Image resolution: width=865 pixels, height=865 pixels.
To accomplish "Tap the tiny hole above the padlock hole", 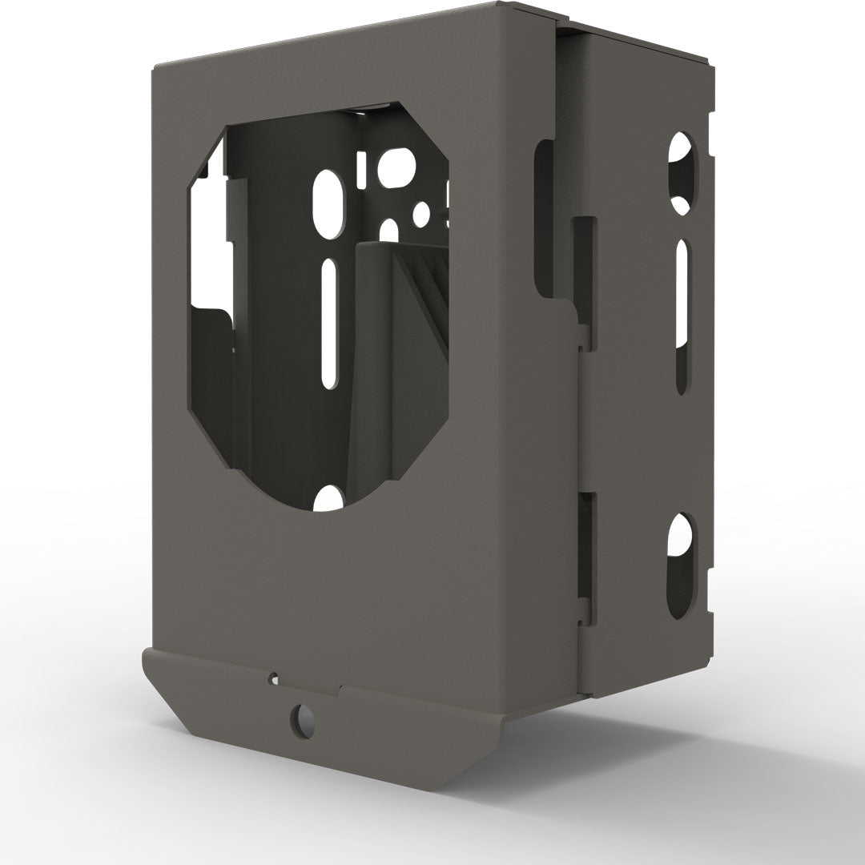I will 274,678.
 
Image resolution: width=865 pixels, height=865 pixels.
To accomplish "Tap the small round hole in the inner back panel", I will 420,213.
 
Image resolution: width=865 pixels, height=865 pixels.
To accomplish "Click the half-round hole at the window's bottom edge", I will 328,500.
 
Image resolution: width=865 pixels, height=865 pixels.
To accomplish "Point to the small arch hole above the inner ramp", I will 389,230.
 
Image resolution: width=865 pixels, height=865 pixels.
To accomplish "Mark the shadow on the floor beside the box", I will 681,721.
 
